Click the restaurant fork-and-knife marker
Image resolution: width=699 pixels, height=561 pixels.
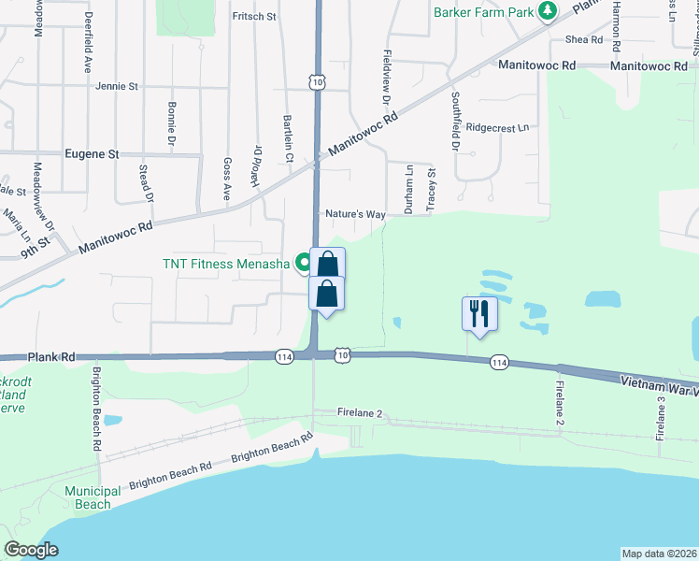(x=479, y=313)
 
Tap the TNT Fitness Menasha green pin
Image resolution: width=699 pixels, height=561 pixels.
(x=303, y=263)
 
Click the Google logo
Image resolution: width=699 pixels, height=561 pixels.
(x=31, y=550)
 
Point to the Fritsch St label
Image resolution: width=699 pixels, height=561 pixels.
(x=254, y=16)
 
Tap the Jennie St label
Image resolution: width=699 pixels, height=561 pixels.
(x=117, y=86)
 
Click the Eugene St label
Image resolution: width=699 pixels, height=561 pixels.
(x=93, y=153)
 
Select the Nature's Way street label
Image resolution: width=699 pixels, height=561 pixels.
(x=355, y=214)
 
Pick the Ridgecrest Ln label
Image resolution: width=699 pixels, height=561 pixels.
(x=497, y=127)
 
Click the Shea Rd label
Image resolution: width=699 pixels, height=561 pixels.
(x=584, y=39)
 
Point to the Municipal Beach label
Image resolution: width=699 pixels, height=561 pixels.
(x=93, y=497)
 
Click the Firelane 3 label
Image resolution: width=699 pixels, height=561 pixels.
(x=660, y=417)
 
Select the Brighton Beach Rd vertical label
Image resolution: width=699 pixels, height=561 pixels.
(x=96, y=409)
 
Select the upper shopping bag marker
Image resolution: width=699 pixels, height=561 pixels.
(x=327, y=264)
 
